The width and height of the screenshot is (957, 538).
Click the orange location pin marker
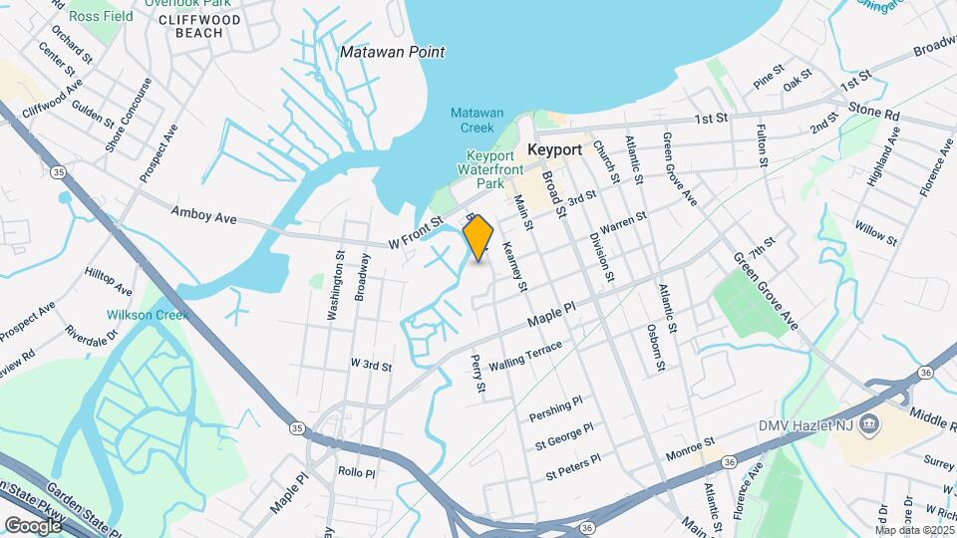coord(478,237)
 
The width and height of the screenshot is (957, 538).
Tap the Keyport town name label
coord(554,148)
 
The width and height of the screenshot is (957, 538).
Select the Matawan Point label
coord(392,52)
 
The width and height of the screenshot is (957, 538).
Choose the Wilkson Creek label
coord(148,315)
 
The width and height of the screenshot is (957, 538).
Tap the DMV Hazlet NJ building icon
coord(870,423)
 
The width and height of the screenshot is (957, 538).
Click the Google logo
coord(33,525)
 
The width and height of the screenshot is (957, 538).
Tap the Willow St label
coord(875,232)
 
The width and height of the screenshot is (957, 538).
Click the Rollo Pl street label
coord(356,471)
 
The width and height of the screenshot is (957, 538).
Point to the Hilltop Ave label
coord(109,282)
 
